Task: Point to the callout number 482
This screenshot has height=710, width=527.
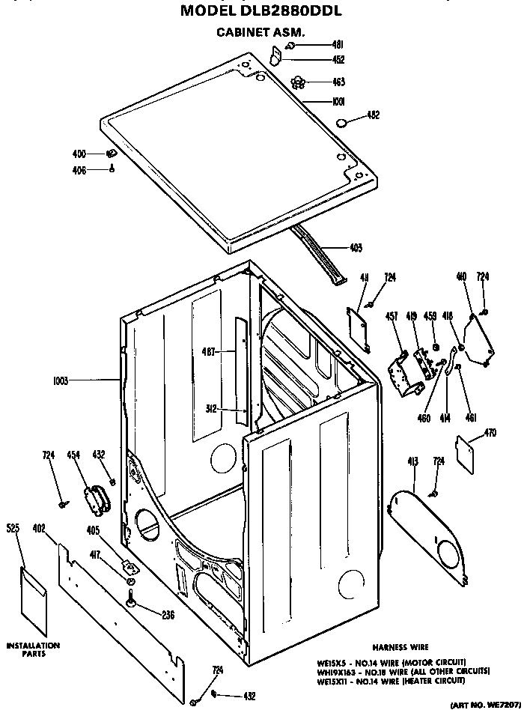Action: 373,115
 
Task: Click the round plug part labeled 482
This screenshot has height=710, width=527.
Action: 341,123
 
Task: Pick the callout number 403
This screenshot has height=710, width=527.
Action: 356,248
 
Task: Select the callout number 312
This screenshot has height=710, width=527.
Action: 211,409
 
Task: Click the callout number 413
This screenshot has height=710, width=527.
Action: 412,461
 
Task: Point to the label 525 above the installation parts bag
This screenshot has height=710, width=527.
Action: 13,529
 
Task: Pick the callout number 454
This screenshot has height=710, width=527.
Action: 74,455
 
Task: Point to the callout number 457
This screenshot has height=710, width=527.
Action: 392,318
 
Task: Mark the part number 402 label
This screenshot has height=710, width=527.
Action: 40,529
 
